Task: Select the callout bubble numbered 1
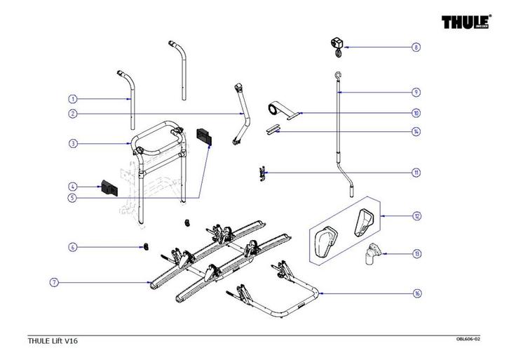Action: (72, 99)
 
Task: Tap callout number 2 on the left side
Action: (72, 114)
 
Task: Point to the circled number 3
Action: (72, 144)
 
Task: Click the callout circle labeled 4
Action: (72, 187)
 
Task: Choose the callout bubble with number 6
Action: (72, 247)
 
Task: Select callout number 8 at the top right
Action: (416, 48)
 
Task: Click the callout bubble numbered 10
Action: (416, 113)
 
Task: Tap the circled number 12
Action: (416, 216)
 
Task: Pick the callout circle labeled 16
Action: (416, 293)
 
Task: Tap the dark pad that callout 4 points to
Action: (109, 187)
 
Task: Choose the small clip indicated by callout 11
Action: (262, 172)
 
